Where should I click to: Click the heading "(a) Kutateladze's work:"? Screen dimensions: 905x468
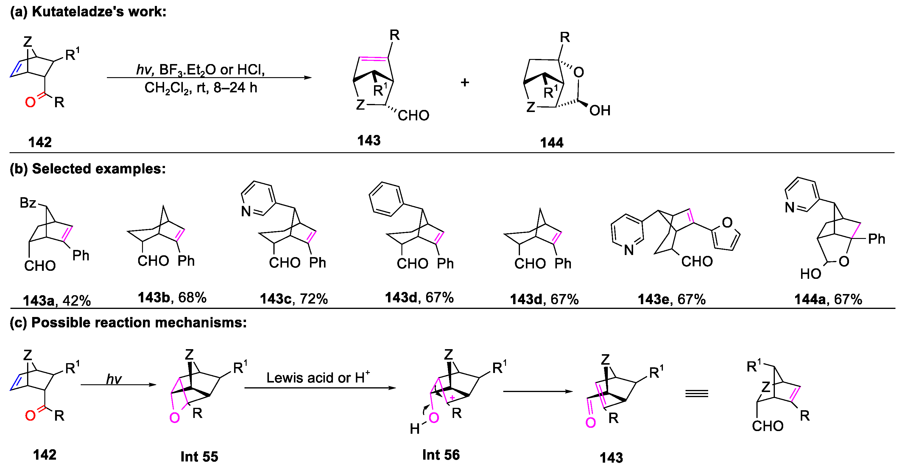click(88, 12)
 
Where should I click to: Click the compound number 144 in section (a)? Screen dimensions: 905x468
click(551, 143)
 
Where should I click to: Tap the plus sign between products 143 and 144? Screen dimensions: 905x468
click(465, 83)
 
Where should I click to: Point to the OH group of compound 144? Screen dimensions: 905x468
click(600, 111)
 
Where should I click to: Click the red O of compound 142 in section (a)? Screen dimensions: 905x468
click(30, 102)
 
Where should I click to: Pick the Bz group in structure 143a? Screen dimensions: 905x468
click(28, 203)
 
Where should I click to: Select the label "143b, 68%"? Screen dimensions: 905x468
click(172, 298)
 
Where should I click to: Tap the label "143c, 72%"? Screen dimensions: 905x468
click(294, 299)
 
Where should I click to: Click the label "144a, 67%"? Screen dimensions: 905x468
click(828, 299)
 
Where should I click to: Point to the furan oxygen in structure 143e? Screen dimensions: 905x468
click(727, 223)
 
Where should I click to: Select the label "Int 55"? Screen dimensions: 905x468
click(199, 457)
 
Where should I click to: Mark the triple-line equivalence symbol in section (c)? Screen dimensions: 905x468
click(697, 394)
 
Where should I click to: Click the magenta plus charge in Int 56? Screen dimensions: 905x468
click(452, 398)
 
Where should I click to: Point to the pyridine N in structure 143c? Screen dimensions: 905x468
click(246, 211)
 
